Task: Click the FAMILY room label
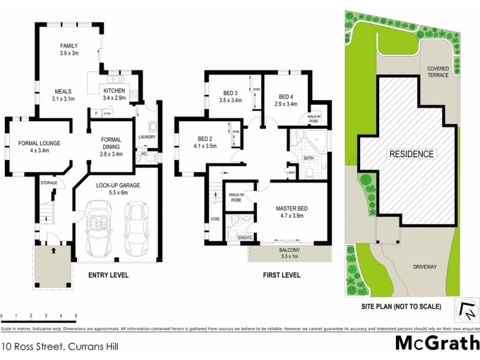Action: (70, 46)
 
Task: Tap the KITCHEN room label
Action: (114, 91)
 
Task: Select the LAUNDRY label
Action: (146, 137)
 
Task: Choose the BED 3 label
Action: (231, 93)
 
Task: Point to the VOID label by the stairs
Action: (215, 219)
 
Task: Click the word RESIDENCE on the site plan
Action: (412, 154)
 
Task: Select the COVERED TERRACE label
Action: (438, 72)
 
